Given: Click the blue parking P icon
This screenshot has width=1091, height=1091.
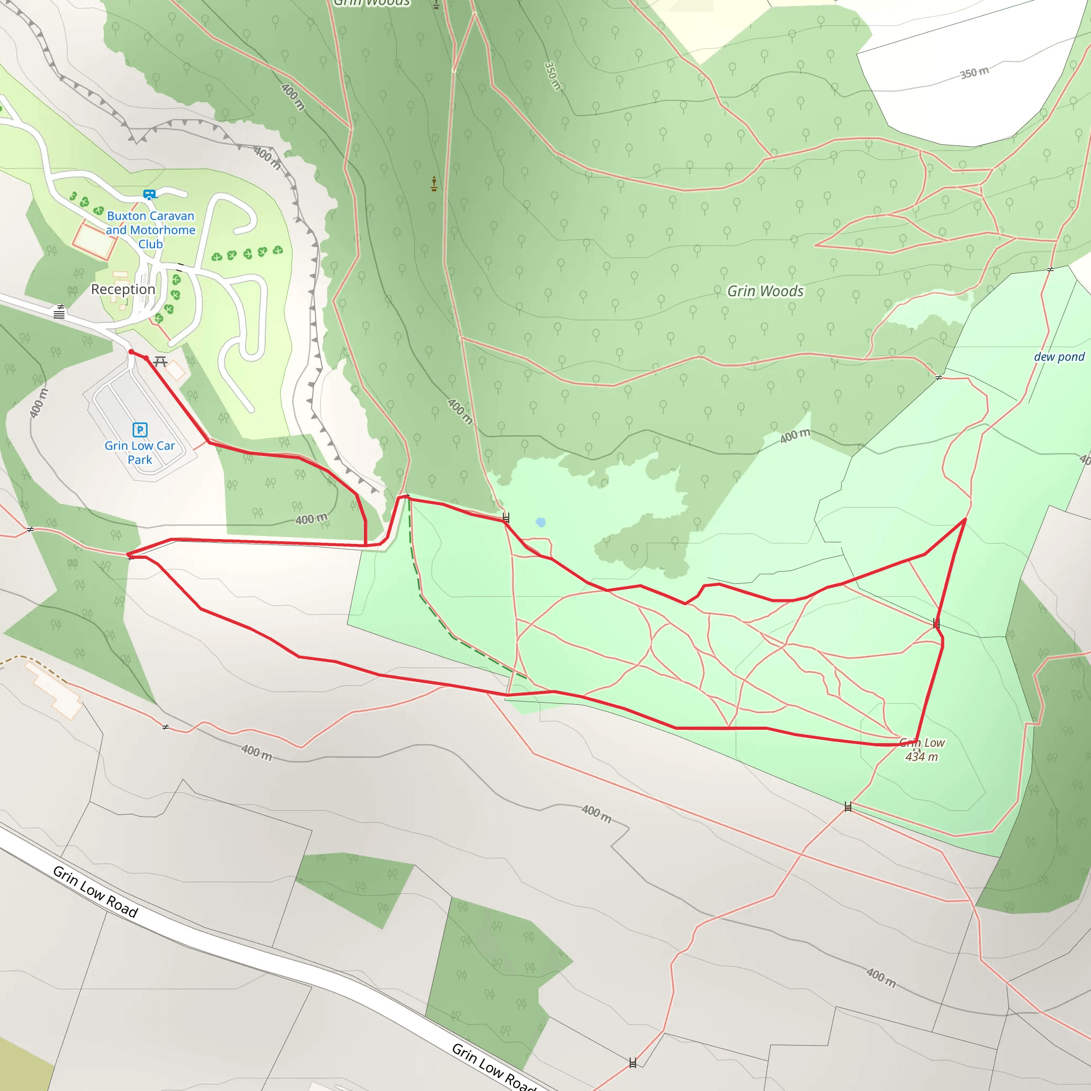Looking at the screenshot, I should (x=140, y=430).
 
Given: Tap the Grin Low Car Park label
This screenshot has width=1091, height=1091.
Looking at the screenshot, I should (x=140, y=452).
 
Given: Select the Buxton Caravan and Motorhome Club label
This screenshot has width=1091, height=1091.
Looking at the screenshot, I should (x=151, y=230).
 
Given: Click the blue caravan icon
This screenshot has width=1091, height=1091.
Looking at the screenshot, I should (x=150, y=195).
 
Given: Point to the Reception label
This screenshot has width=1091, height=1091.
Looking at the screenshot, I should (x=123, y=289).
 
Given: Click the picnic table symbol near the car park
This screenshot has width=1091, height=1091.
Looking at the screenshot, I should (x=160, y=361).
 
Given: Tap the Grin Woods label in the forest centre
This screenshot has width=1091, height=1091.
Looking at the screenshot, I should (x=765, y=291).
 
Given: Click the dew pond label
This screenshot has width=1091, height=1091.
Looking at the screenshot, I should (x=1059, y=357).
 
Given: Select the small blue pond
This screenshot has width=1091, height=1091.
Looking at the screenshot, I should (x=541, y=523).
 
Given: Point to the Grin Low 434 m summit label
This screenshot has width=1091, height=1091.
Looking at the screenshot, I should (x=922, y=750).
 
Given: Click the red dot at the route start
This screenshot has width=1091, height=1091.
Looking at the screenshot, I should (x=132, y=352).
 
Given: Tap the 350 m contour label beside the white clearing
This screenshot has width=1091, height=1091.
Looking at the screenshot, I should (x=975, y=72).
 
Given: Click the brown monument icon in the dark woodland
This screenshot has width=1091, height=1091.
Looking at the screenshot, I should (x=434, y=184).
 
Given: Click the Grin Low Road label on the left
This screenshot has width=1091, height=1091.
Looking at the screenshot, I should (x=95, y=891).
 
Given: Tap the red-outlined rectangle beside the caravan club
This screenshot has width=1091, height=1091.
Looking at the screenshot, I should (x=94, y=241).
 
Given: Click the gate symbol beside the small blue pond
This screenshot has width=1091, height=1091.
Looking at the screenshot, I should (x=506, y=517).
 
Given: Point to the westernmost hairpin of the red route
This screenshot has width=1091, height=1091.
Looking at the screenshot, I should (x=128, y=555).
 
